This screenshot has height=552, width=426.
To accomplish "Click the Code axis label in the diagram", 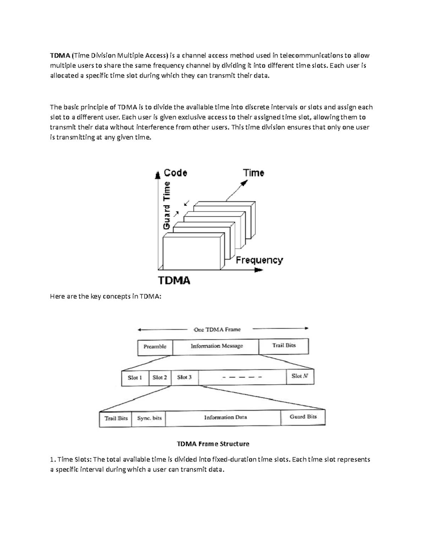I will pos(175,173).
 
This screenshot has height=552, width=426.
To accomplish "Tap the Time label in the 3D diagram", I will pos(253,173).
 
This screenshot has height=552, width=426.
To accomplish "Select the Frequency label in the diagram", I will pos(259,260).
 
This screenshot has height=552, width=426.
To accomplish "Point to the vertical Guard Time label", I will pos(166,205).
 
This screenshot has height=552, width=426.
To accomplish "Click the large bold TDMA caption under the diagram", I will pos(174,280).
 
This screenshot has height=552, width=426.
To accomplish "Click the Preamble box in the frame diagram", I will pos(155,347).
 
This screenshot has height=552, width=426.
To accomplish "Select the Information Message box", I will pos(217,346).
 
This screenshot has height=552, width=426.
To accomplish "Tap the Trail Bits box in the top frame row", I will pos(284,345).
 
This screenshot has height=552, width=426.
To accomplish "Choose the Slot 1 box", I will pos(135,377).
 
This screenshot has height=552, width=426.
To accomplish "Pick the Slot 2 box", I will pos(160,377).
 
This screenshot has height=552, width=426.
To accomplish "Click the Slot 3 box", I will pos(184,377).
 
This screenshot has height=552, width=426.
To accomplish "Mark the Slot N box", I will pos(300,376).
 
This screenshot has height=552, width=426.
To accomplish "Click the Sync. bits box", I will pos(149,418).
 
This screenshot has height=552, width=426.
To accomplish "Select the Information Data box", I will pos(225,418).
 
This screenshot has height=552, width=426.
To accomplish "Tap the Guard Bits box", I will pos(303,417).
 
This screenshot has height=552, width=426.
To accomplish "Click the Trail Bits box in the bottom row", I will pos(116,418).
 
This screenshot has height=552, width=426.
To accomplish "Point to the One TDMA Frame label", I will pos(217,329).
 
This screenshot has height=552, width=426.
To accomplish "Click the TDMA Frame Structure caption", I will pos(213,444).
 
